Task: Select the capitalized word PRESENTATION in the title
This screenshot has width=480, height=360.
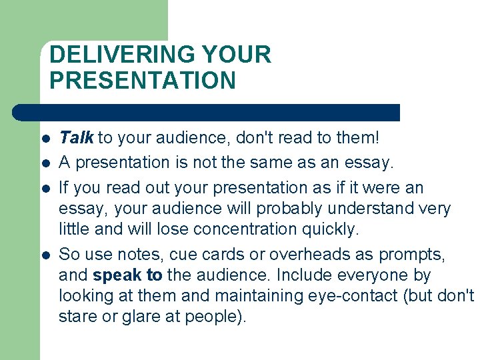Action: point(143,80)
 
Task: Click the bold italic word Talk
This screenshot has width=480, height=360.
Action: point(77,138)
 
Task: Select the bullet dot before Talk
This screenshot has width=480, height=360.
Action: point(45,139)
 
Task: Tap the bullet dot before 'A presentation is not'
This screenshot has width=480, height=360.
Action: point(45,163)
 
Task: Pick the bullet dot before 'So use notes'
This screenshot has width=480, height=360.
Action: point(45,254)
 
